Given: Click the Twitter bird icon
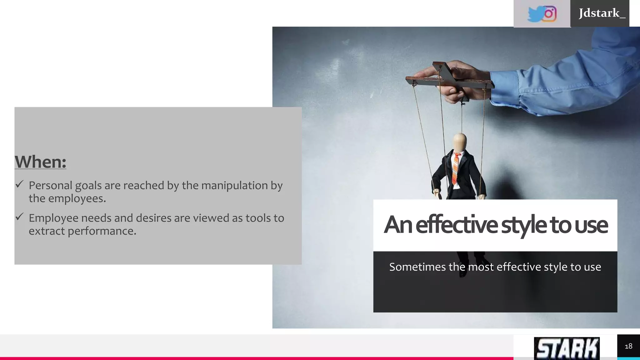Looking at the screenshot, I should point(535,14).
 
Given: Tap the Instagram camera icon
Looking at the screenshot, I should point(549,14).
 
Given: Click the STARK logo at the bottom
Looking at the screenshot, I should point(567,348).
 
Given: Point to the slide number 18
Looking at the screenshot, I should point(628,346).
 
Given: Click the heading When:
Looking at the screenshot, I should point(40,162).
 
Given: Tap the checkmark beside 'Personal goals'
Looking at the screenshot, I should point(19,184).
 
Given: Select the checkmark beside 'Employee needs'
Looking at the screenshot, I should point(19,217).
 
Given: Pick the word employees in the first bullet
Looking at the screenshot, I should point(77,198).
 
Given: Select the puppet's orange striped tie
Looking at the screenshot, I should point(456,169).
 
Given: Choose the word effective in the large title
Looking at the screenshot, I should point(457,225).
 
